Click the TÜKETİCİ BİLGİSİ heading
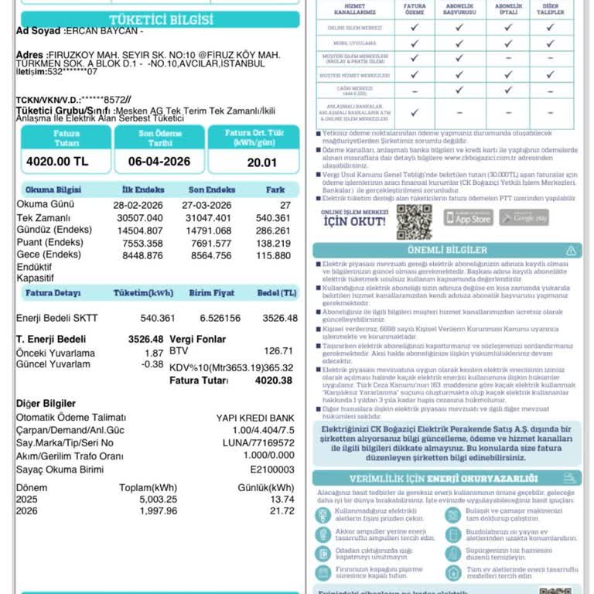(161, 19)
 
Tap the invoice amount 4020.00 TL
(57, 162)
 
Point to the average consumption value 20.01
(261, 162)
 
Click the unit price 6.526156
(220, 318)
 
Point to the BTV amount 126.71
(278, 351)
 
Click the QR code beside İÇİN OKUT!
(414, 221)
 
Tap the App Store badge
(468, 217)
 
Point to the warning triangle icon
(571, 251)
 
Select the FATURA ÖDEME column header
(415, 9)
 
